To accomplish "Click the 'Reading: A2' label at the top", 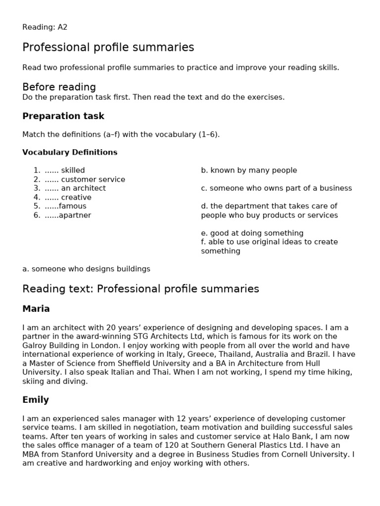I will point(45,27).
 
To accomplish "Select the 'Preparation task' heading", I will point(63,116).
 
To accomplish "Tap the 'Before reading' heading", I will point(59,87).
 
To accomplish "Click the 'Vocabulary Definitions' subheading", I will point(70,152).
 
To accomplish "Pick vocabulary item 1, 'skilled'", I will point(73,170).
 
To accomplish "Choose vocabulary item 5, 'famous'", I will point(72,206).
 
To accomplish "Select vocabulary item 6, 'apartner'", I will point(75,215).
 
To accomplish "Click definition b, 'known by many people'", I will point(249,170).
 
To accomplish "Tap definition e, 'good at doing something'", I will point(252,233).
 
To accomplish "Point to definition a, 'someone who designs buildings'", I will point(86,269).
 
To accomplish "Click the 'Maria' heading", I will point(36,309).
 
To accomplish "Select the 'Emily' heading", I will point(36,400).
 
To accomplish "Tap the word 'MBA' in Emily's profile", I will point(31,454).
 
